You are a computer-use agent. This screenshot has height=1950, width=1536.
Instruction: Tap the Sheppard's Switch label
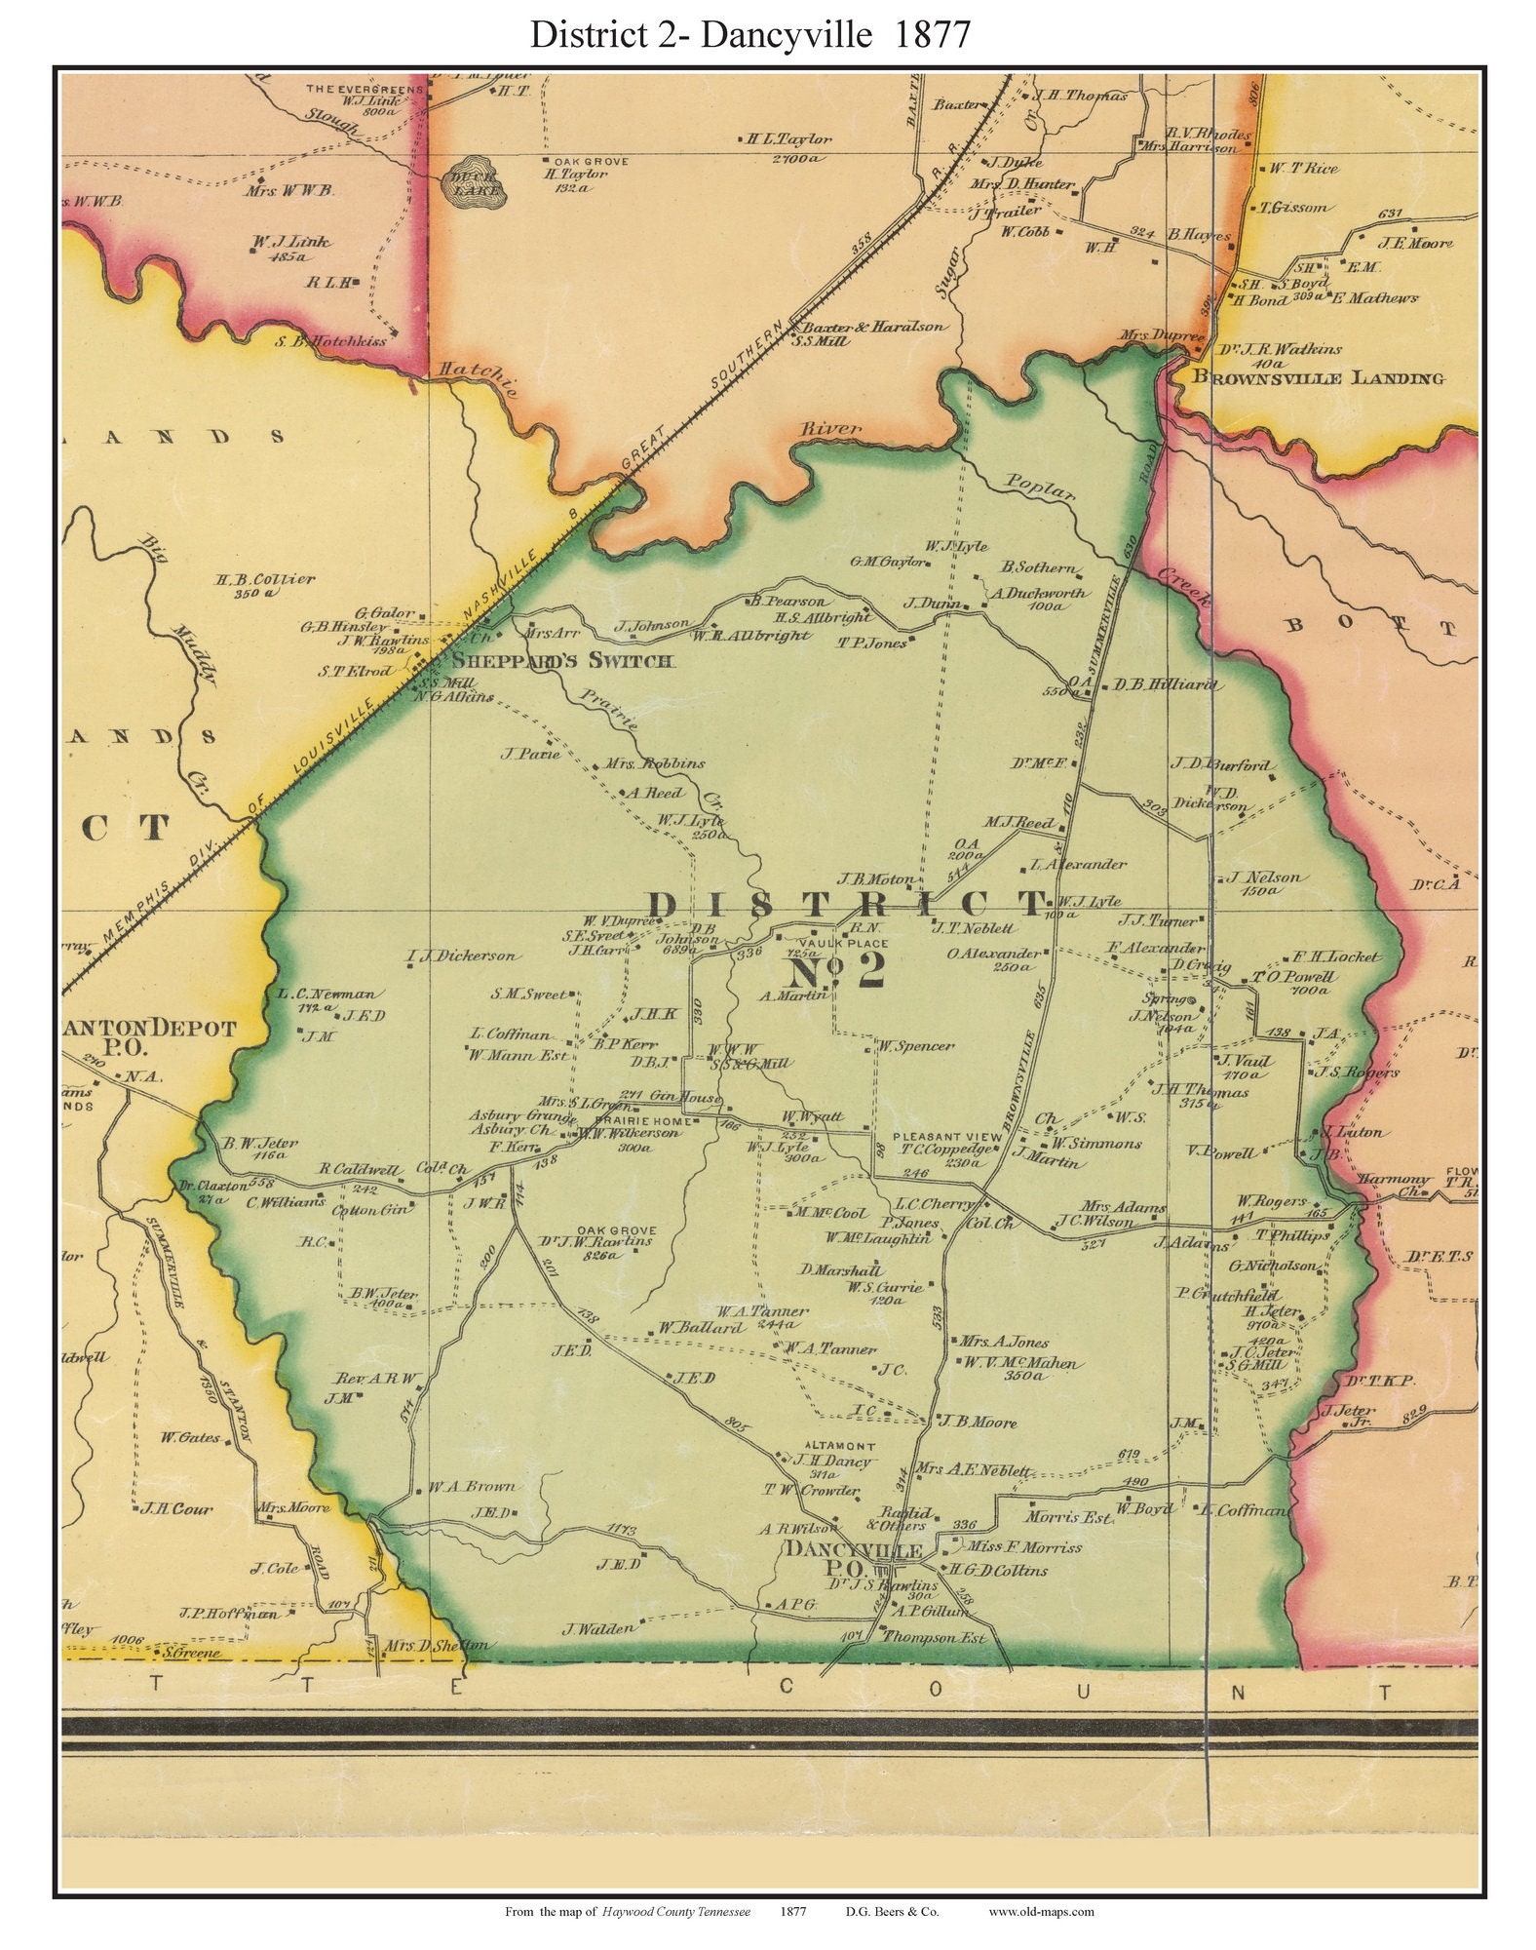[561, 662]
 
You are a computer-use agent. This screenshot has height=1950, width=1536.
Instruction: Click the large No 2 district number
[835, 970]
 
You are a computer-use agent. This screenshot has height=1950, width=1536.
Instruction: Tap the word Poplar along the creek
[1039, 490]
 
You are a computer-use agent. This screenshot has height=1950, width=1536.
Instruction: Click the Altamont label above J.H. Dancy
[839, 1446]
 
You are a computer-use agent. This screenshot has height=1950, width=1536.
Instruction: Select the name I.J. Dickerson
[463, 956]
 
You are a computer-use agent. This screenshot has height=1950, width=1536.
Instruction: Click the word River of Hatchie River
[830, 428]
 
